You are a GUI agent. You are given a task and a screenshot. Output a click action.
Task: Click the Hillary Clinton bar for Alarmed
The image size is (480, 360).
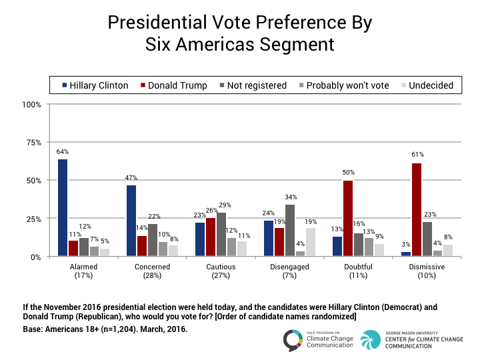point(63,208)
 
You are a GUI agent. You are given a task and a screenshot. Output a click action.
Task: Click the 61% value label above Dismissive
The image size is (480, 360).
point(417,155)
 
